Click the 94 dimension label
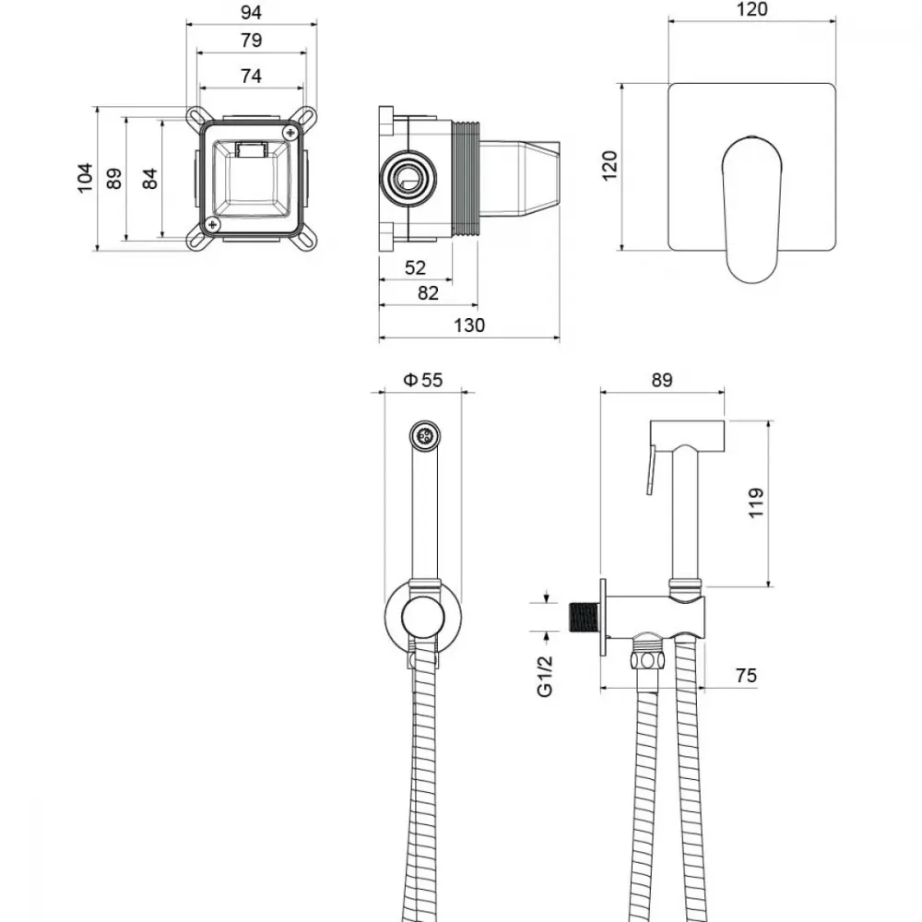coord(251,12)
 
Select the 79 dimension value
coord(251,41)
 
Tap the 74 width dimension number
coord(251,76)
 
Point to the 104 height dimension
coord(85,178)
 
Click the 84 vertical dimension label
coord(150,179)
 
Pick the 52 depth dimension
coord(415,267)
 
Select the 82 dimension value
coord(428,293)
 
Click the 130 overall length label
coord(469,325)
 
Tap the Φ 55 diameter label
coord(423,380)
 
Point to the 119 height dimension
coord(756,502)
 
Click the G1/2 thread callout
coord(545,676)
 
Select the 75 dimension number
coord(746,676)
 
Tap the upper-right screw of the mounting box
coord(290,132)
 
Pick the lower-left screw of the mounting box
coord(212,224)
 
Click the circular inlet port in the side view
coord(408,178)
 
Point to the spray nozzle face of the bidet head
coord(424,436)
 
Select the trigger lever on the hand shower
coord(652,469)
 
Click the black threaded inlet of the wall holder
coord(584,618)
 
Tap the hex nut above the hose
coord(648,660)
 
